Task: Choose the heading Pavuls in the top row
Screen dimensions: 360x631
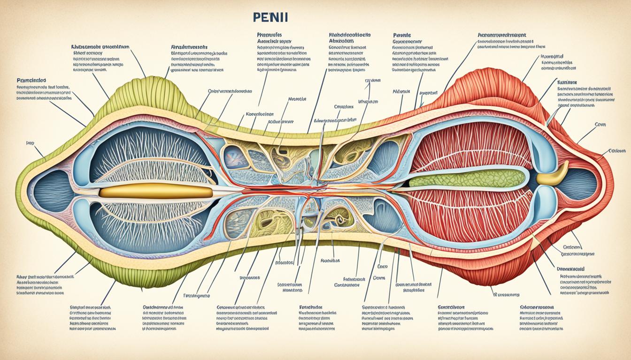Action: click(402, 35)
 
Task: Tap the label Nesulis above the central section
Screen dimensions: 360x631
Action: click(297, 99)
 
